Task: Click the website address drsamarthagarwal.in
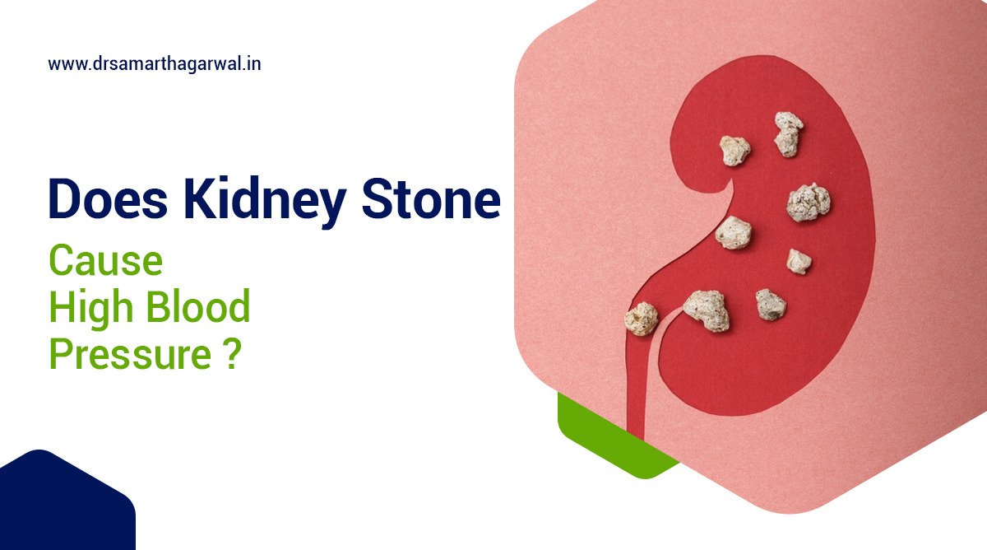(x=155, y=63)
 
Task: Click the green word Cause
(x=105, y=261)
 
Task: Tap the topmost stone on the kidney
(x=788, y=133)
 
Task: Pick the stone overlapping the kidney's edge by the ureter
(x=642, y=319)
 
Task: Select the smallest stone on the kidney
(x=798, y=261)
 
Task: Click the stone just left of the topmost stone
(x=734, y=150)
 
